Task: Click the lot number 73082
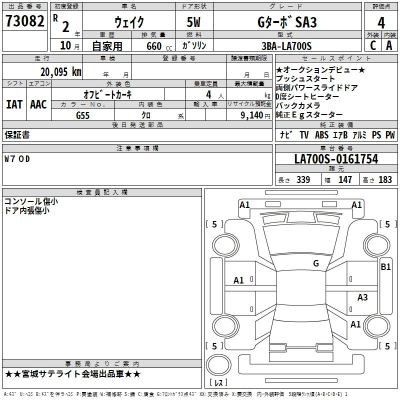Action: pos(25,22)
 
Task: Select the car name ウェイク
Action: pos(129,22)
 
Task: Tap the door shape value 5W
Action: pos(194,22)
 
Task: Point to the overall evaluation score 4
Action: pos(381,22)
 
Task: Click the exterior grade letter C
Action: pos(372,45)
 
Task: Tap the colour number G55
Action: pos(82,115)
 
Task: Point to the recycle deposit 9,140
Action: pos(249,115)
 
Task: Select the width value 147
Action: pos(345,179)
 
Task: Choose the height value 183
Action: pos(385,179)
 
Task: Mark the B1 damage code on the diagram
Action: pos(385,267)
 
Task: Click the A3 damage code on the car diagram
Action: pos(362,297)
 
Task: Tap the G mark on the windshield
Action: pos(315,263)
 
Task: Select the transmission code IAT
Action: pos(14,104)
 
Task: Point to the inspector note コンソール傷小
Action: pos(31,201)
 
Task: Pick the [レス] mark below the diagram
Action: pos(218,383)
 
